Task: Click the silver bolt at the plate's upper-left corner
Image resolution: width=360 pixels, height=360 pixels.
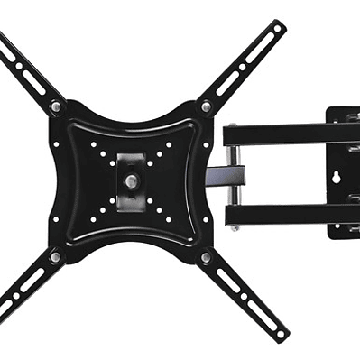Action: click(x=56, y=106)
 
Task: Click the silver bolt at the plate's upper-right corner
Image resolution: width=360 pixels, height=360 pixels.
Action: click(x=206, y=106)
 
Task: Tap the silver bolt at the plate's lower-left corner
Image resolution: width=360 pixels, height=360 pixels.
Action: click(x=56, y=257)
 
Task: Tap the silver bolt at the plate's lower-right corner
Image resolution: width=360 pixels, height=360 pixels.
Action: click(x=206, y=257)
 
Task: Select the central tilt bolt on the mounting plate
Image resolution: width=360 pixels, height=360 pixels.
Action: click(x=132, y=180)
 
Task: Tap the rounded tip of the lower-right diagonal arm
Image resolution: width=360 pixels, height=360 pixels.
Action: click(x=279, y=335)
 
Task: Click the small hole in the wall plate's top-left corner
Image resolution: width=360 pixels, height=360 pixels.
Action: click(x=333, y=115)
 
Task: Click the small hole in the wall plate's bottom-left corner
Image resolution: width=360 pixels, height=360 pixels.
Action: click(x=333, y=232)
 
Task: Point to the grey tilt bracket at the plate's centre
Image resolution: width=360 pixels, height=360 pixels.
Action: click(x=132, y=171)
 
